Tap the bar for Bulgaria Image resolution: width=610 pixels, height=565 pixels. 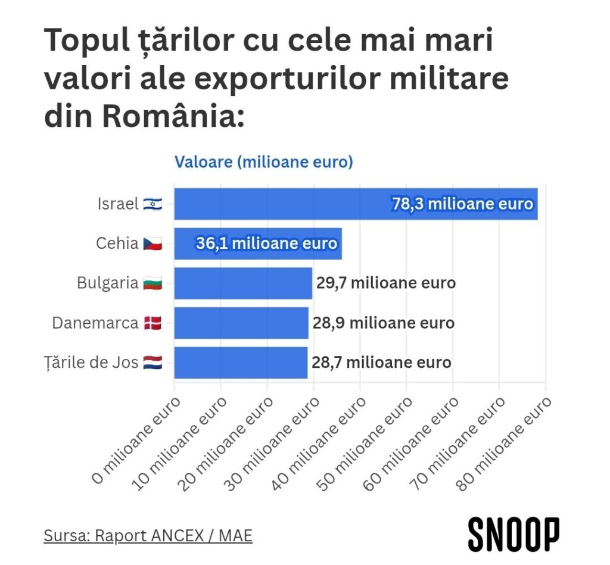pos(243,283)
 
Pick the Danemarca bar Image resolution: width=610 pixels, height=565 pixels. pos(241,323)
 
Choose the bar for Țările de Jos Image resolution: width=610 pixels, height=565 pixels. pos(241,363)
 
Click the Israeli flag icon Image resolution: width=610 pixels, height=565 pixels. pos(152,204)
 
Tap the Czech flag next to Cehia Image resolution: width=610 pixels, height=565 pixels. pos(152,244)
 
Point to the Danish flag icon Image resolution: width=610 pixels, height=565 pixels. pos(152,323)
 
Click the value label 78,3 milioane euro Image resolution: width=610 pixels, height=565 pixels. pos(462,204)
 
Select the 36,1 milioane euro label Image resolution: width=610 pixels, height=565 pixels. pos(266,244)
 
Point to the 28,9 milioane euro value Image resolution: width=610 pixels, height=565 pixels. pos(384,323)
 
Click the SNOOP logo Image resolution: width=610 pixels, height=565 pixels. pos(513,534)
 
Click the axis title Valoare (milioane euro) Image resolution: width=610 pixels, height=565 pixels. pos(263,162)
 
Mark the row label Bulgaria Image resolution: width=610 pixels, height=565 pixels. pos(108,283)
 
